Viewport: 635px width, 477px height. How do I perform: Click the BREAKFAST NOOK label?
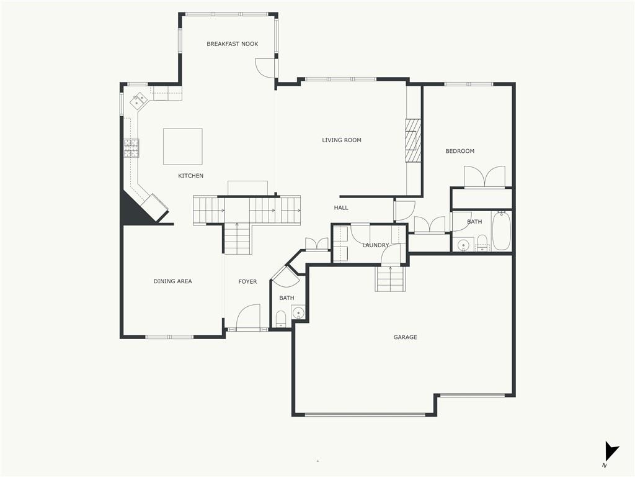[x=232, y=44]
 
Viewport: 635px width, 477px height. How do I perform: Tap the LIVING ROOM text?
[x=342, y=140]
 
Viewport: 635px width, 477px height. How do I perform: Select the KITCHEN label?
[x=191, y=176]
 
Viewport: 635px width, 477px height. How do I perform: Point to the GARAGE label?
[x=405, y=337]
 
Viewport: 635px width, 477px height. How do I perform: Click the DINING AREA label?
[x=172, y=281]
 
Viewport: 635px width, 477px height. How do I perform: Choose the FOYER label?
[x=247, y=281]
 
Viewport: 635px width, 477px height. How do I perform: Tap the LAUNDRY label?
[x=375, y=245]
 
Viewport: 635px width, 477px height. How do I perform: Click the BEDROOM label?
[x=460, y=151]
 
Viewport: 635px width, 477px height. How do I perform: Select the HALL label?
[x=341, y=207]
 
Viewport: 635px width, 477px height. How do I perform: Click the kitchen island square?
[x=183, y=147]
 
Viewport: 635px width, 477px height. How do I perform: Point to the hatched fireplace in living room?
[x=414, y=140]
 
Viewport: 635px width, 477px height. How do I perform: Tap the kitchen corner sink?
[x=138, y=100]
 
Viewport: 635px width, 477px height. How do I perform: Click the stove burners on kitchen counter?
[x=131, y=148]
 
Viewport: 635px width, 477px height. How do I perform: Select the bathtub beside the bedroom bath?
[x=501, y=230]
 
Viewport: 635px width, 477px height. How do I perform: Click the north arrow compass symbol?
[x=611, y=452]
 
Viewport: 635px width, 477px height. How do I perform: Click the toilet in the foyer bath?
[x=281, y=319]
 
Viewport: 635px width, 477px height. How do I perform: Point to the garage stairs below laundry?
[x=390, y=279]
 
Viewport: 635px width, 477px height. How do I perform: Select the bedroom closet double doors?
[x=484, y=177]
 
